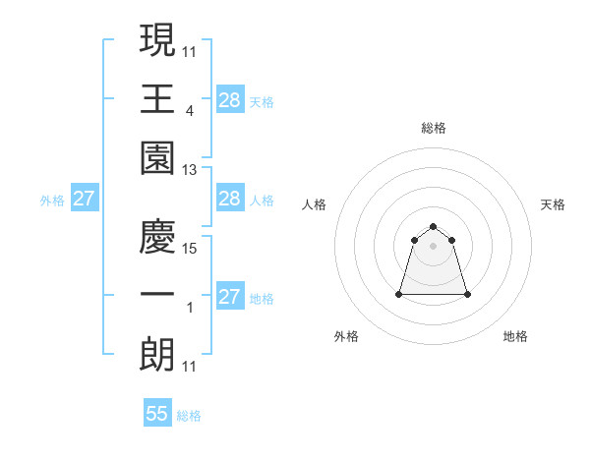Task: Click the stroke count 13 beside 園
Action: (x=190, y=170)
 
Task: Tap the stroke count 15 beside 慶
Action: (x=190, y=249)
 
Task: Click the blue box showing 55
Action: (x=157, y=414)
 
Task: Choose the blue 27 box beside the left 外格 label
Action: (x=85, y=200)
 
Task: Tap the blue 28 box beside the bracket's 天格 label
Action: (x=229, y=98)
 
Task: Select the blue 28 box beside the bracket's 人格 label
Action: (x=229, y=200)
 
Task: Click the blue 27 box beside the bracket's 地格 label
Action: (x=229, y=296)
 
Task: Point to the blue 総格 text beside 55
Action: (x=189, y=416)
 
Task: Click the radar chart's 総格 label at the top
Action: (x=434, y=128)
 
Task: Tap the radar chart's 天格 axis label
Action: (x=553, y=204)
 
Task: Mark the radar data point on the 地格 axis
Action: (x=467, y=294)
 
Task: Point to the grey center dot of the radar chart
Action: (x=434, y=246)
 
